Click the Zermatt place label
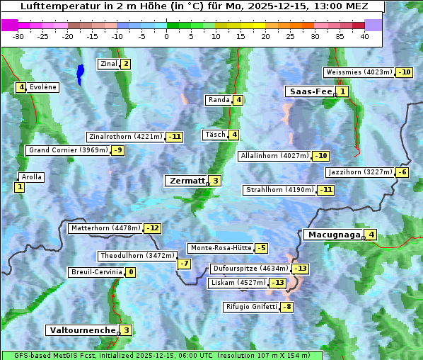186,181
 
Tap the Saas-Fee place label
310,91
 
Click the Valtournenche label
81,330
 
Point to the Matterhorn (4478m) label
105,228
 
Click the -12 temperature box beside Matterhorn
152,228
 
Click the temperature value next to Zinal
126,64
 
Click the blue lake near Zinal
80,73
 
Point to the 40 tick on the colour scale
364,36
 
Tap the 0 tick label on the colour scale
166,36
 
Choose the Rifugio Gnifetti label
251,307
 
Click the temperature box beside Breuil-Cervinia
130,272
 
